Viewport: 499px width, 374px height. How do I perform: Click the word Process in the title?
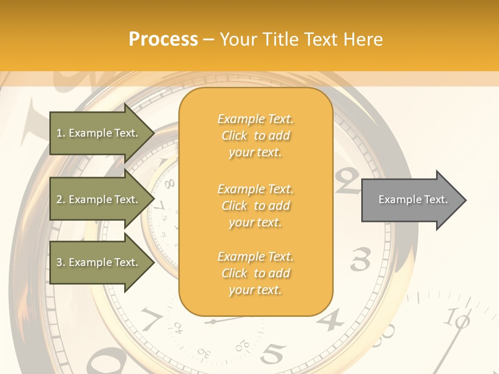pyautogui.click(x=163, y=39)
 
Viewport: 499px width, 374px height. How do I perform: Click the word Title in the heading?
pyautogui.click(x=281, y=39)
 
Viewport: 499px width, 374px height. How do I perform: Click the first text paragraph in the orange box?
pyautogui.click(x=255, y=136)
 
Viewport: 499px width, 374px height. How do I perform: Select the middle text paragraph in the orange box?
pyautogui.click(x=255, y=206)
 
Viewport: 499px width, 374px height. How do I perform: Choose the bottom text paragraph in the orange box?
pyautogui.click(x=255, y=273)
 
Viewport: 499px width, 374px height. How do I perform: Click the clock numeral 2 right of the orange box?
pyautogui.click(x=347, y=179)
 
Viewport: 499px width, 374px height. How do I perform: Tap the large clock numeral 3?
pyautogui.click(x=360, y=259)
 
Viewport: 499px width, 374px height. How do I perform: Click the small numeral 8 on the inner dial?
pyautogui.click(x=169, y=183)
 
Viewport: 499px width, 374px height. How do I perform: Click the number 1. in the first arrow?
pyautogui.click(x=61, y=133)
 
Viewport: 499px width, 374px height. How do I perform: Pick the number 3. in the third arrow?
pyautogui.click(x=61, y=262)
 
